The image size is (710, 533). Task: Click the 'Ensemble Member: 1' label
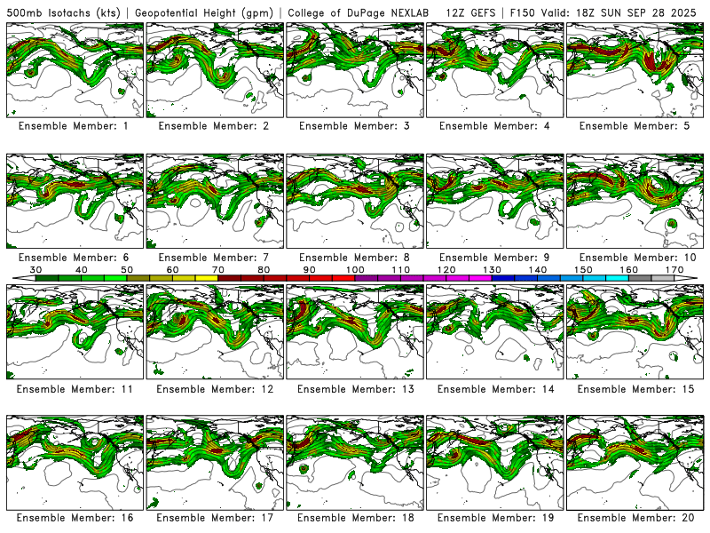coord(74,126)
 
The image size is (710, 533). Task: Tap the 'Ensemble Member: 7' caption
coord(214,258)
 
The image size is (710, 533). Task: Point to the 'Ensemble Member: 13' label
coord(354,389)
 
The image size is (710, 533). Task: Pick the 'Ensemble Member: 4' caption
coord(494,126)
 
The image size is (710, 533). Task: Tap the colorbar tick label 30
coord(36,269)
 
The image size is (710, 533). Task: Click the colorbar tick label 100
coord(355,269)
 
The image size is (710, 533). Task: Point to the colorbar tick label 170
coord(674,269)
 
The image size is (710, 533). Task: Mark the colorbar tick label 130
coord(492,269)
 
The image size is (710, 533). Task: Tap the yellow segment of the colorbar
coord(207,278)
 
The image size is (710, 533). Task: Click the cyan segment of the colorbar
coord(617,278)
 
